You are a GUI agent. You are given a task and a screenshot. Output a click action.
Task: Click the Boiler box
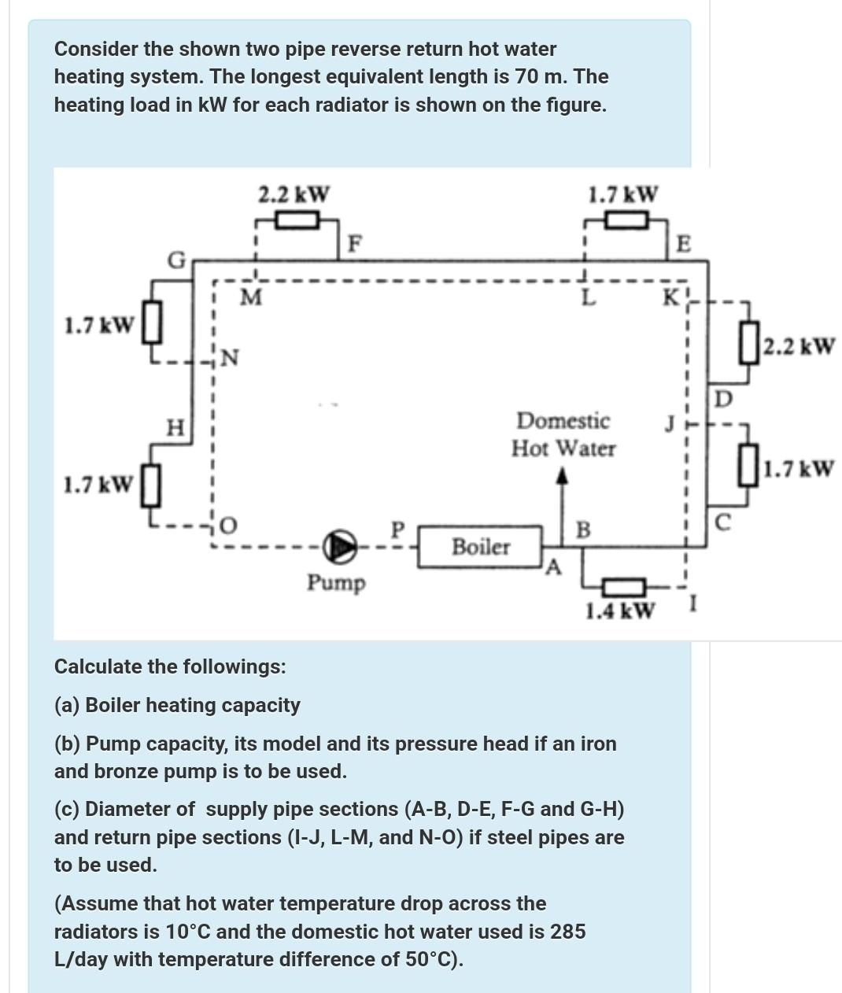click(480, 546)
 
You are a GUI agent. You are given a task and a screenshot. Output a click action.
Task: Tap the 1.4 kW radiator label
click(620, 611)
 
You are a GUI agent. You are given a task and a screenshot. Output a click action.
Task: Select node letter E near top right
click(683, 243)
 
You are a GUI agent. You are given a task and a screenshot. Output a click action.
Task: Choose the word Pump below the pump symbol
click(336, 583)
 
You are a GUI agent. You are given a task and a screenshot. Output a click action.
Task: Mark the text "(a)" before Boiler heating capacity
click(67, 705)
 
